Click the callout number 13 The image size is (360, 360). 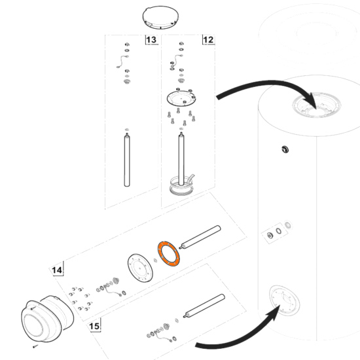click(151, 40)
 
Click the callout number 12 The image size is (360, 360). click(208, 40)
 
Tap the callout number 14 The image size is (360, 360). click(57, 270)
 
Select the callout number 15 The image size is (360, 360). click(94, 326)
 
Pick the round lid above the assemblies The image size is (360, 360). click(160, 18)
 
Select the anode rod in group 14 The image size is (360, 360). click(200, 237)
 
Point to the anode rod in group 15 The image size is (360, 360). click(204, 306)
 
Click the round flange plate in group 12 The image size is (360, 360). click(181, 98)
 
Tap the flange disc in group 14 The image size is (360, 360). click(140, 268)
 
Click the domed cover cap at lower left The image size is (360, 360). click(47, 319)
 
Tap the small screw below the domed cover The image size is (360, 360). click(35, 346)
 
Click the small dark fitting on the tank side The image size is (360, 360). click(285, 149)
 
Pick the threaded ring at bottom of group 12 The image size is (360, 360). click(181, 186)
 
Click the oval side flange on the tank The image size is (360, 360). click(284, 300)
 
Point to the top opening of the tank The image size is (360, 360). click(317, 105)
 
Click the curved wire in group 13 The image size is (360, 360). click(122, 62)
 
